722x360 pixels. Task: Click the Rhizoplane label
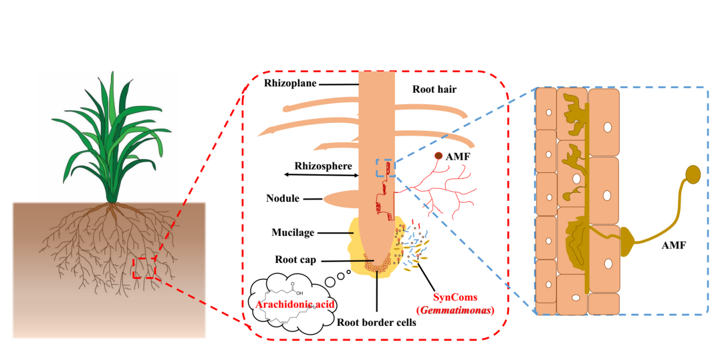[290, 83]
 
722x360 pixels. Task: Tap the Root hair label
[435, 89]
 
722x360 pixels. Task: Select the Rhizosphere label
[323, 166]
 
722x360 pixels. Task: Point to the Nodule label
[283, 199]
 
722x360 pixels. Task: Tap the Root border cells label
[376, 322]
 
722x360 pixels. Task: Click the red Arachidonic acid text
[287, 303]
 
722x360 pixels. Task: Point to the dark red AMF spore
[439, 155]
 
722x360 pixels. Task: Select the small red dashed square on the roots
[144, 267]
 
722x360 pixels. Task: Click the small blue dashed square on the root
[384, 168]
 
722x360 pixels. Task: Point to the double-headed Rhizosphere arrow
[321, 175]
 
